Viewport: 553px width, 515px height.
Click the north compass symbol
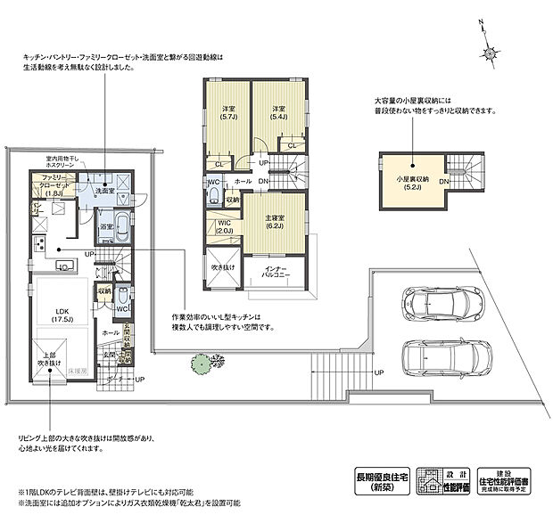tap(490, 50)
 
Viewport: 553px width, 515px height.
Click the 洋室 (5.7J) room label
tap(227, 113)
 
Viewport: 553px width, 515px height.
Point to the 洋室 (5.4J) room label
tap(277, 113)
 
